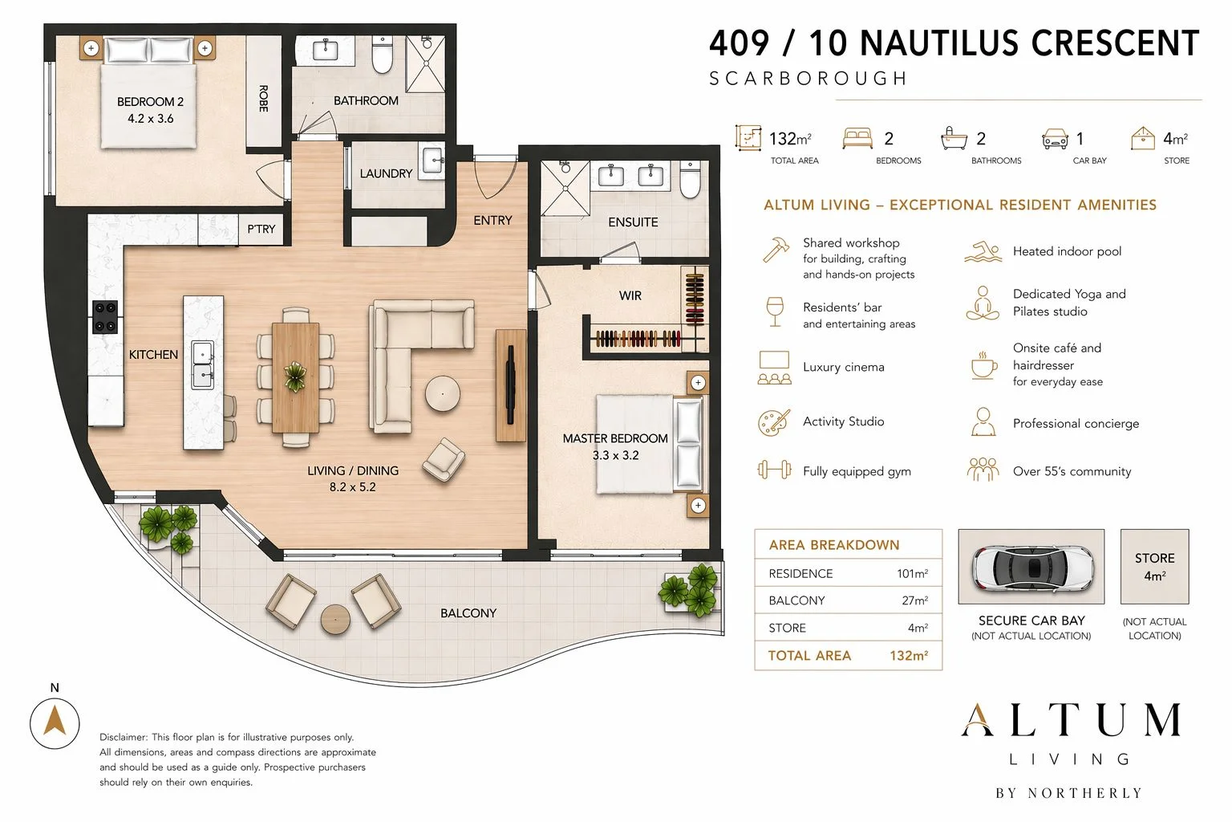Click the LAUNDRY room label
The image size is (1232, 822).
click(386, 173)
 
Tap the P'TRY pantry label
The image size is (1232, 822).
click(261, 229)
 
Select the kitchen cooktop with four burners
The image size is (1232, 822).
click(104, 317)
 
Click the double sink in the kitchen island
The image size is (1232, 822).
click(202, 364)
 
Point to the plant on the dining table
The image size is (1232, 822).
click(295, 376)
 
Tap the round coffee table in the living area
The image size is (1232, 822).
click(442, 393)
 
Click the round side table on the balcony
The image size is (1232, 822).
click(335, 620)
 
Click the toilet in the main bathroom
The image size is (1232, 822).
click(383, 55)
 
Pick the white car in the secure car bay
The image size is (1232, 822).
click(1031, 567)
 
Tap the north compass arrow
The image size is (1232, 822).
click(55, 719)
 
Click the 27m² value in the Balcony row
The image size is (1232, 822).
click(914, 600)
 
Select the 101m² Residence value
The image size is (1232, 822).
click(913, 573)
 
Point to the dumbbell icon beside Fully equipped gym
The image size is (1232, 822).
click(774, 470)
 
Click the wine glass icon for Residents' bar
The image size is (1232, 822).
click(774, 311)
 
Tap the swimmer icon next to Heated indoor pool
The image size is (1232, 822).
click(983, 251)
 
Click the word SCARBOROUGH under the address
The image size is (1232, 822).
click(808, 79)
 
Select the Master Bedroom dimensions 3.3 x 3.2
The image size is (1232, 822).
click(615, 455)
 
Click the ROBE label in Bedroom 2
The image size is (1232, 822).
click(263, 99)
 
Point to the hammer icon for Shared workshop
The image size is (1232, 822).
click(776, 250)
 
